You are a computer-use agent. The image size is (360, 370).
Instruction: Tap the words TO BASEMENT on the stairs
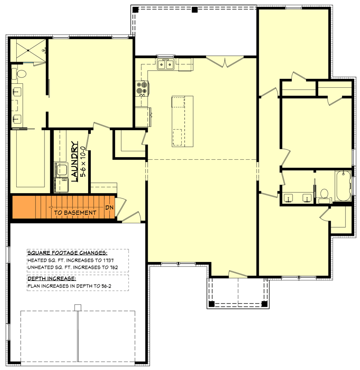click(75, 212)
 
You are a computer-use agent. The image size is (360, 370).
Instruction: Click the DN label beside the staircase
click(109, 208)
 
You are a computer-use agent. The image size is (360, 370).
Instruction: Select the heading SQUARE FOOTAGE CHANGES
click(67, 253)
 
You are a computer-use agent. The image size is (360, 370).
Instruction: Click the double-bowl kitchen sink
click(166, 65)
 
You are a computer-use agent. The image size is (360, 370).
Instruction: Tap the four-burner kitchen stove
click(142, 88)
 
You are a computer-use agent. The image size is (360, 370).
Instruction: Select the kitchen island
click(182, 121)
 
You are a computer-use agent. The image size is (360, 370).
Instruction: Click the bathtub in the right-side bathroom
click(343, 186)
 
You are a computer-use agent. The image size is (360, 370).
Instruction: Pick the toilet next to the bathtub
click(324, 194)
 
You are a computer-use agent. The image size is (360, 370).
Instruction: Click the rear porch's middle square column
click(194, 9)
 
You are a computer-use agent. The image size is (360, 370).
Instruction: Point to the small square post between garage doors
click(78, 307)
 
